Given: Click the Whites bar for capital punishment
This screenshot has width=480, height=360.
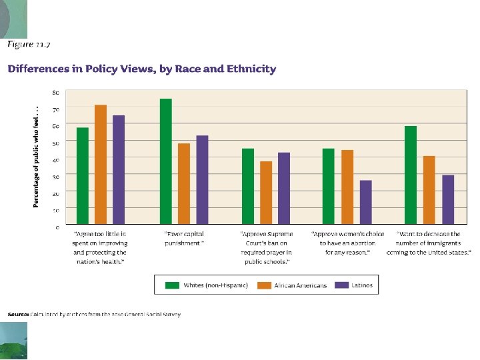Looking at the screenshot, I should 166,161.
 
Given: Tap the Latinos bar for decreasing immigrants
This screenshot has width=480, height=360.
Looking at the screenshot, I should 448,199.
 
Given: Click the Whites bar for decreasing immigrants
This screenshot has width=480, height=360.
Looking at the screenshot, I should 411,175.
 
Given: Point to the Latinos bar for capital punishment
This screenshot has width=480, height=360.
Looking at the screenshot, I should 202,179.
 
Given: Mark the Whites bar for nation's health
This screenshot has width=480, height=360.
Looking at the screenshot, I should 83,175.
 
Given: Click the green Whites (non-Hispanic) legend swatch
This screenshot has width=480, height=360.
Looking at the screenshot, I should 172,285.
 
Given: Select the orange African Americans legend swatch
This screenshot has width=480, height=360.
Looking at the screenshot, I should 265,285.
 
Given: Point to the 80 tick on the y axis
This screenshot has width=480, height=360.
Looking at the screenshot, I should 55,92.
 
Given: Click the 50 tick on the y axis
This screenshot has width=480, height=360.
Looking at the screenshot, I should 55,143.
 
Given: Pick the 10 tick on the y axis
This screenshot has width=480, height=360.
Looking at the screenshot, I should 55,210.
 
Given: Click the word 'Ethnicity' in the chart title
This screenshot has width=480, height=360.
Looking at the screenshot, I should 251,69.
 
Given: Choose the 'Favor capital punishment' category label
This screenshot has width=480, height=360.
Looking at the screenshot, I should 184,239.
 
